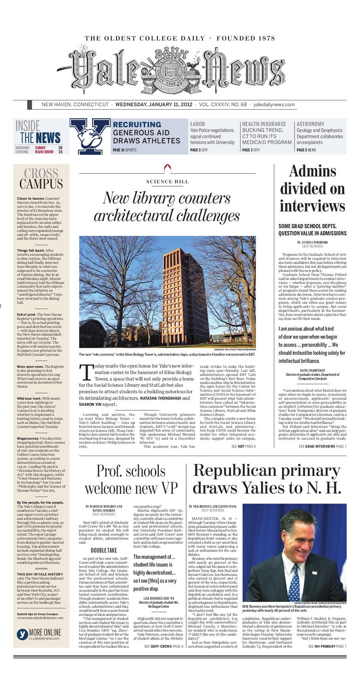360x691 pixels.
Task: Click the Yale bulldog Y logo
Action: coord(89,136)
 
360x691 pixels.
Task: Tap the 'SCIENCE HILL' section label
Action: coord(167,182)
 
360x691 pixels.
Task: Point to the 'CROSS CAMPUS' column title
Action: coord(41,179)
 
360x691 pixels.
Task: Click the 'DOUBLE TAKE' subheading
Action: coord(104,550)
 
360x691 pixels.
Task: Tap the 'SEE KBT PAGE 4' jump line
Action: coord(243,446)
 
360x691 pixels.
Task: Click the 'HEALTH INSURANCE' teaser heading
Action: coord(264,124)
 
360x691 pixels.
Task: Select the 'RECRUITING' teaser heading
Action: coord(137,124)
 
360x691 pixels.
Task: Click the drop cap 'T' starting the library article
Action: coord(86,370)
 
